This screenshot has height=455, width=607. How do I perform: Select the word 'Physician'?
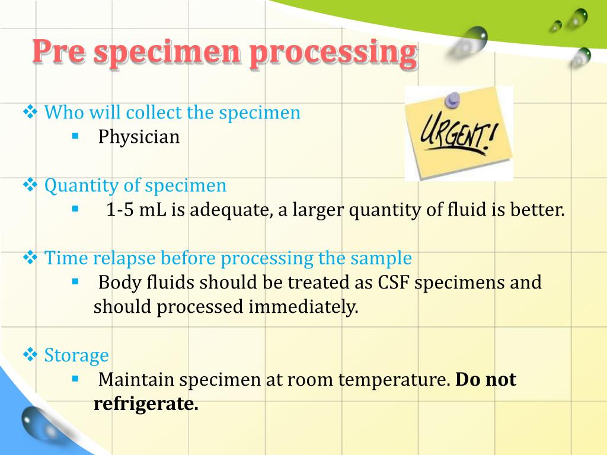[139, 137]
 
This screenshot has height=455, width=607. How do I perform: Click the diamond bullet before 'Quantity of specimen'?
[30, 185]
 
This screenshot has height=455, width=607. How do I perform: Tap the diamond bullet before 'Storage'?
[30, 354]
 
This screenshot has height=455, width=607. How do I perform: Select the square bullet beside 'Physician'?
[75, 136]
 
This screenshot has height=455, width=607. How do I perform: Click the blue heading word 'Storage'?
[76, 355]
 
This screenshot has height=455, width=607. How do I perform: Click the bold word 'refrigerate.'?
[145, 404]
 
